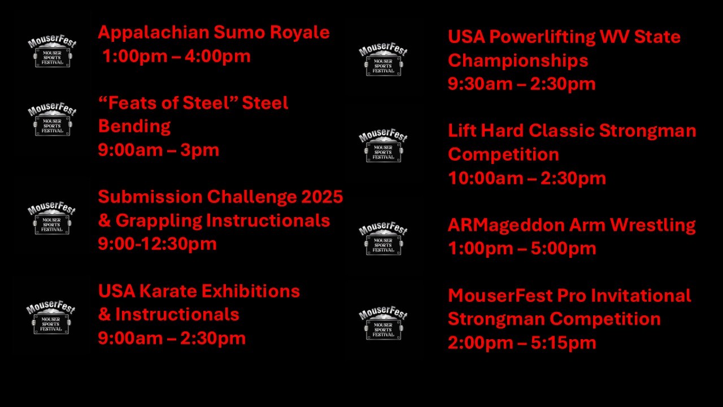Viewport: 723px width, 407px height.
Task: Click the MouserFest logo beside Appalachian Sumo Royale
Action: click(x=52, y=51)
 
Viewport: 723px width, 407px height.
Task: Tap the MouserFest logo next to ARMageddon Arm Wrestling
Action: click(x=383, y=239)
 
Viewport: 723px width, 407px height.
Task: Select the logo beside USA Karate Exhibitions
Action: click(x=51, y=317)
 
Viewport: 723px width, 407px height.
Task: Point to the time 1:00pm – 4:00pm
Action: click(x=176, y=56)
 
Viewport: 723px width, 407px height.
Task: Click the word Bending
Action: click(x=134, y=126)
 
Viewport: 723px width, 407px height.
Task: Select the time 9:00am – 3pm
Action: click(x=159, y=150)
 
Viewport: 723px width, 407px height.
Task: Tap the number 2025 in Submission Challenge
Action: click(x=322, y=197)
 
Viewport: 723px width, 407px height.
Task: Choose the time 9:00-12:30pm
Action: click(x=157, y=244)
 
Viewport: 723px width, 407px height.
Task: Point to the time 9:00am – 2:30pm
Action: click(x=172, y=338)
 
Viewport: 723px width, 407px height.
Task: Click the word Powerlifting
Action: click(x=542, y=37)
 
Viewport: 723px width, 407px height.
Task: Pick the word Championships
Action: click(x=518, y=60)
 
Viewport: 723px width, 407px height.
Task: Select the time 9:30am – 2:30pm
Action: click(x=521, y=84)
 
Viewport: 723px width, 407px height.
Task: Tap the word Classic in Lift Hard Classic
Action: click(x=561, y=131)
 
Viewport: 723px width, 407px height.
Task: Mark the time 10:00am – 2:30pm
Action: click(x=527, y=178)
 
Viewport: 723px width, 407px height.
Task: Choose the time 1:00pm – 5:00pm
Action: click(x=522, y=248)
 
